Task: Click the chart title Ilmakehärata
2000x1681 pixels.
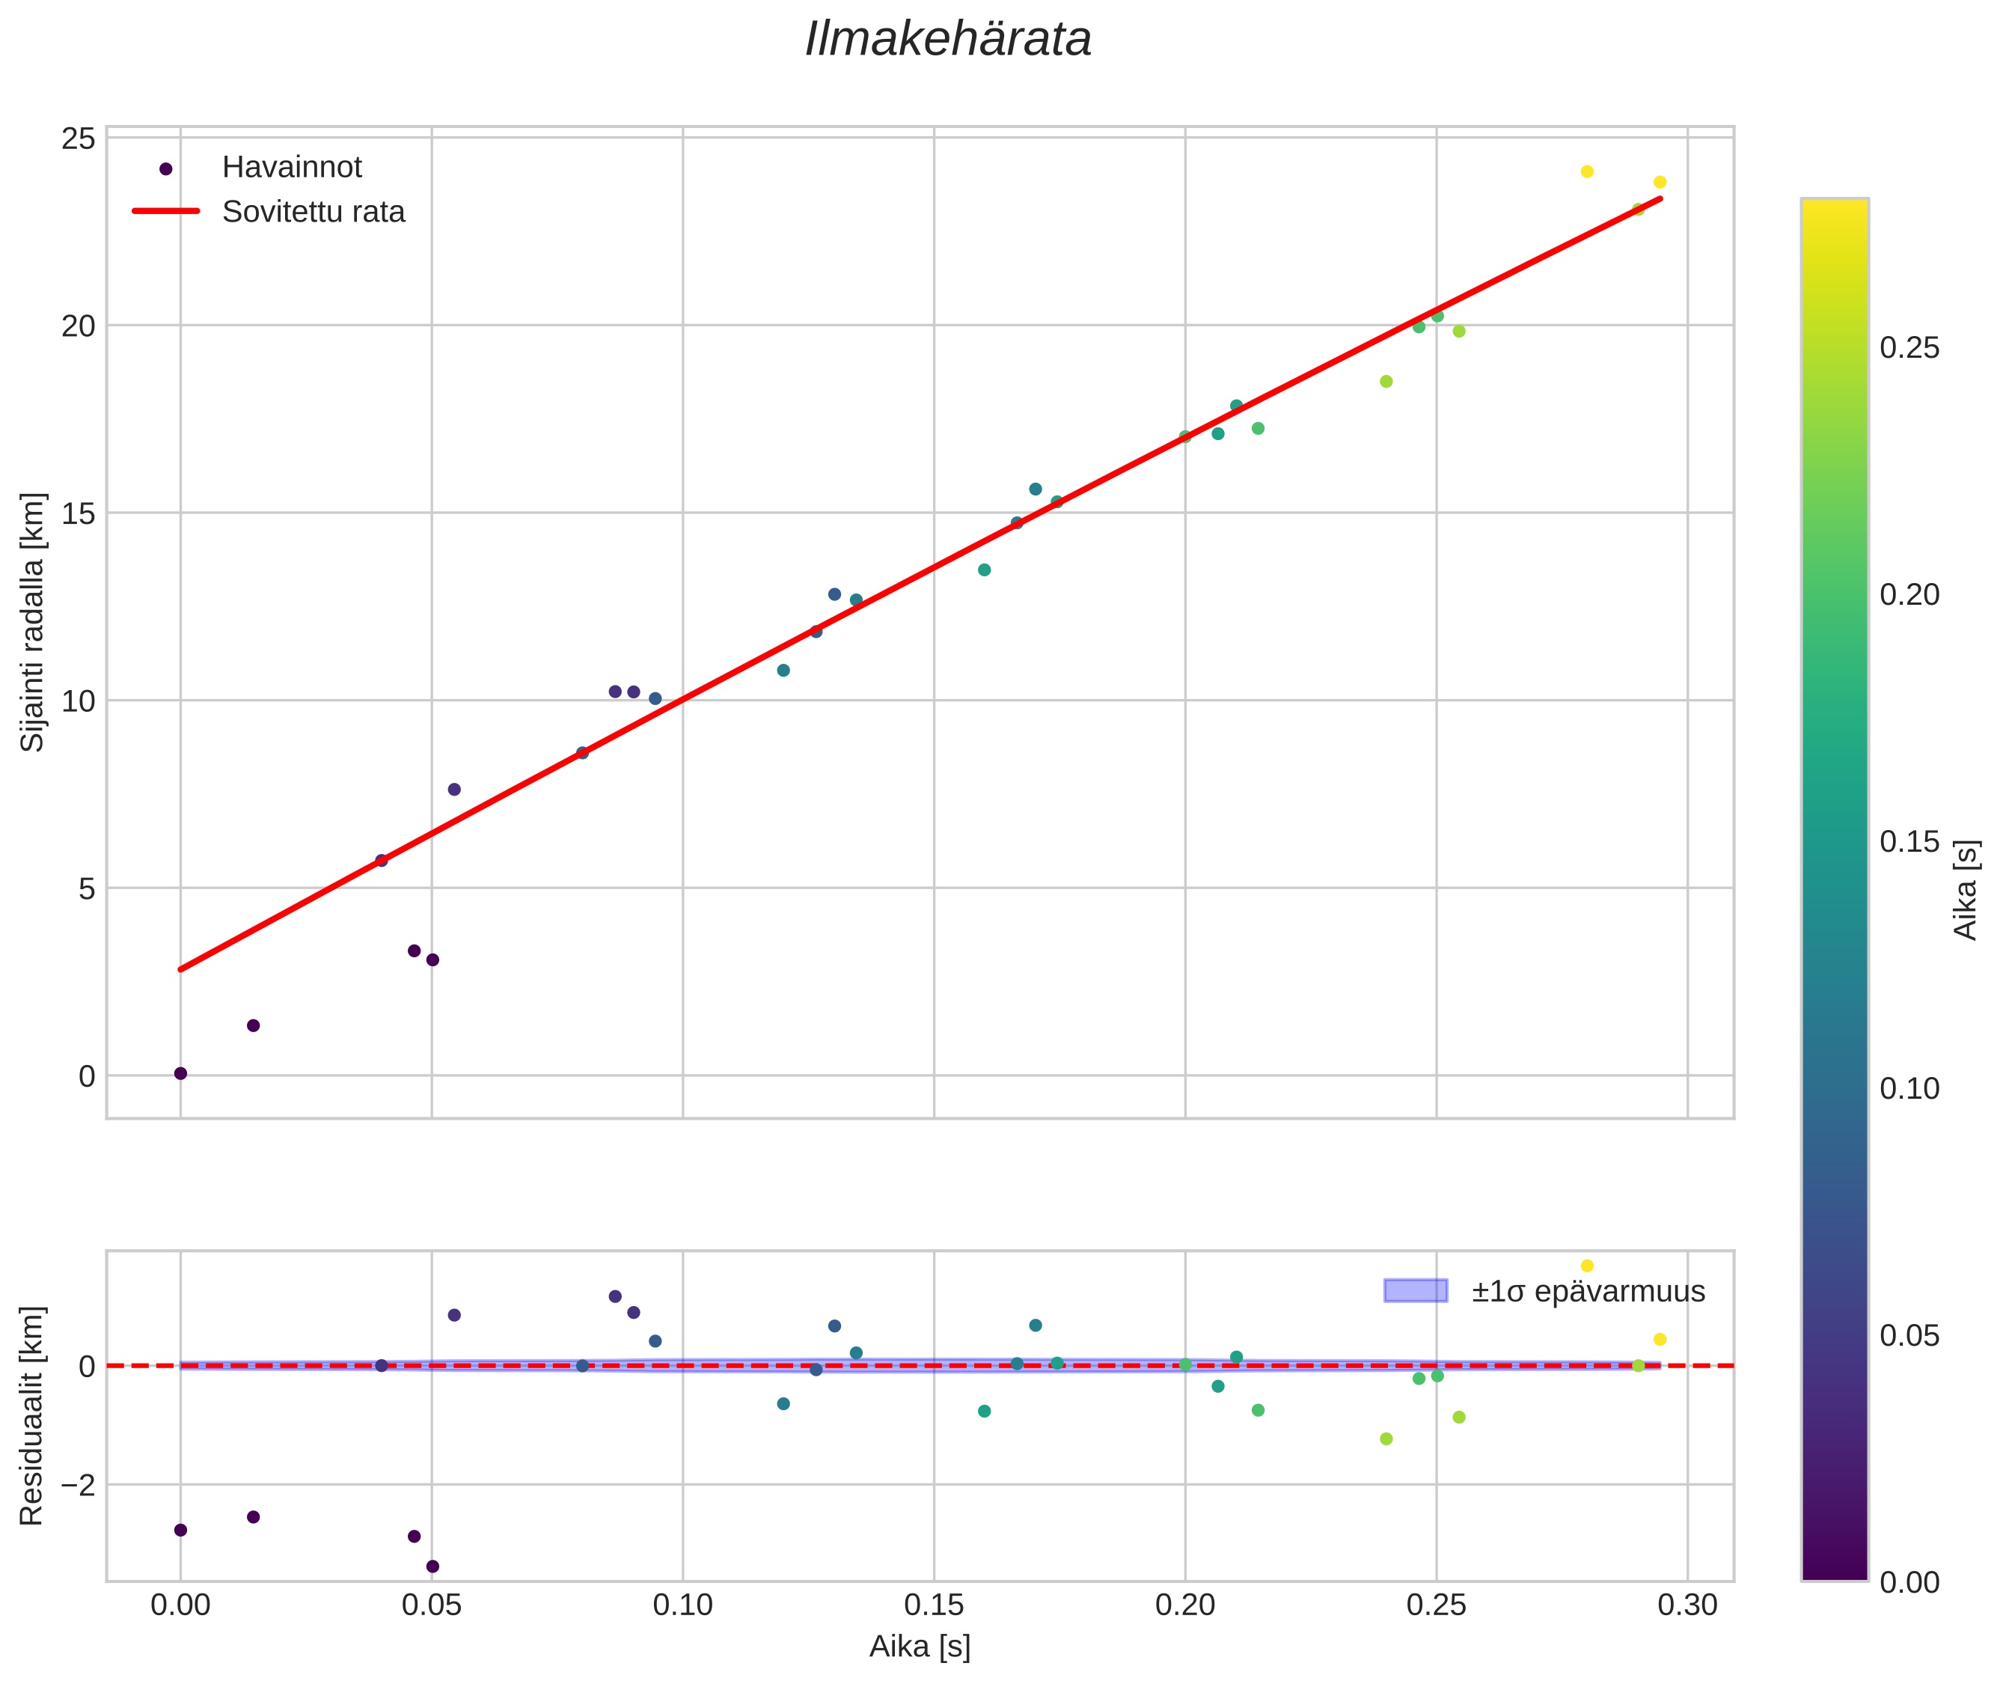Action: click(948, 40)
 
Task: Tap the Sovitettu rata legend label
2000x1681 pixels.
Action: click(314, 212)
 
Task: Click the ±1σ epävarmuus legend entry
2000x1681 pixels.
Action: click(1544, 1291)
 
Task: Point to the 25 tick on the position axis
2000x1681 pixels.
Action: click(79, 139)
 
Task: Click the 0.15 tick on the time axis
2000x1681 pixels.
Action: click(934, 1605)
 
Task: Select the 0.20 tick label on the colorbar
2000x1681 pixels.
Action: click(1909, 595)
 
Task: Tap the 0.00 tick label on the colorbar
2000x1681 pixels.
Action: click(1909, 1583)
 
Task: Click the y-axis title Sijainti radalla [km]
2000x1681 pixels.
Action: click(32, 622)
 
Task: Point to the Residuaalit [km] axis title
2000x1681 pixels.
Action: click(32, 1415)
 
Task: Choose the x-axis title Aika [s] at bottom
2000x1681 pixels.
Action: click(920, 1647)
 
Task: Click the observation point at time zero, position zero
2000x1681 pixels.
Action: click(180, 1074)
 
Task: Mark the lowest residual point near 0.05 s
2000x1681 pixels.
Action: click(432, 1566)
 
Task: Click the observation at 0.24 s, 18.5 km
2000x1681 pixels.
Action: click(1386, 381)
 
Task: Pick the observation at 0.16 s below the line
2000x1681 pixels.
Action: click(984, 570)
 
